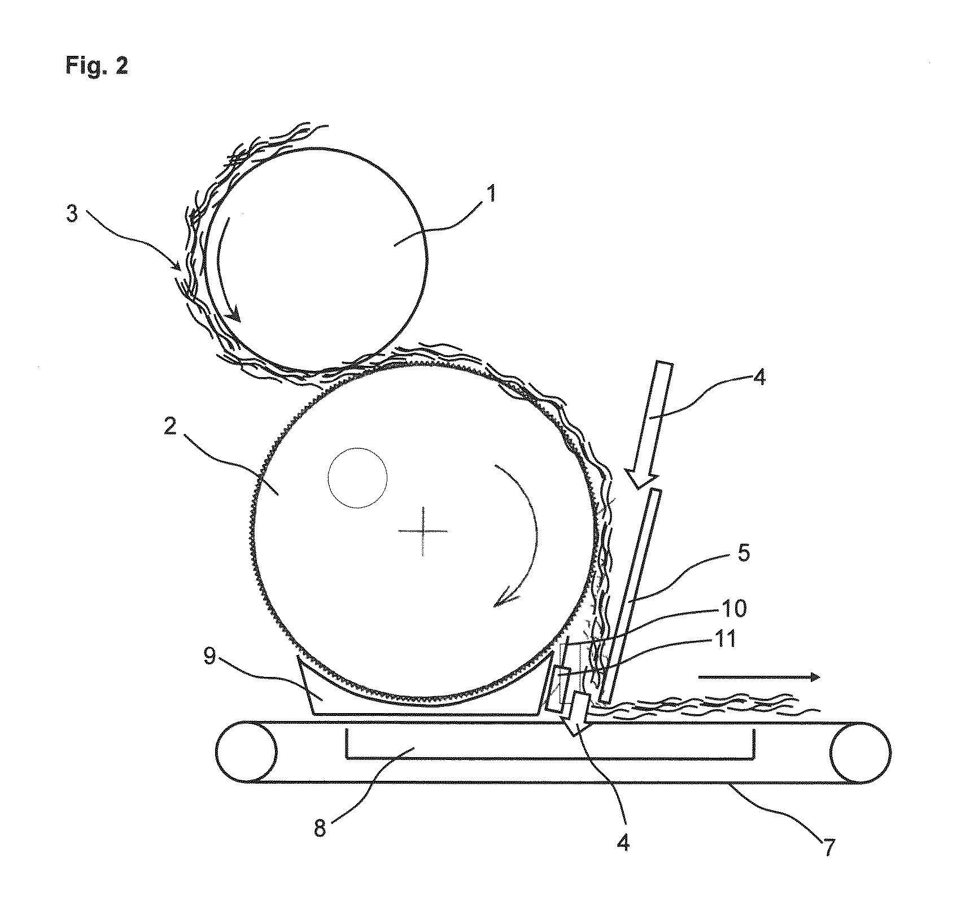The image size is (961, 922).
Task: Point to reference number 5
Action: pyautogui.click(x=744, y=554)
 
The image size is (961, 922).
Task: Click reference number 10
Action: pyautogui.click(x=732, y=608)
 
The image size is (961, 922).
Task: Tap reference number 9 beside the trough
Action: pyautogui.click(x=210, y=658)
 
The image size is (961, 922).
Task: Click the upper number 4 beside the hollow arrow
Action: pyautogui.click(x=759, y=377)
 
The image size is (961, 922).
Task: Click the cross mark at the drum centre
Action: pyautogui.click(x=423, y=531)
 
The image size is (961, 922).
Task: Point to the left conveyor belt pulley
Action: pyautogui.click(x=246, y=752)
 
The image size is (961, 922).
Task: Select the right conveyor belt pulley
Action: pyautogui.click(x=860, y=752)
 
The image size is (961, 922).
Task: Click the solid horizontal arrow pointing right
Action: pyautogui.click(x=758, y=677)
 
